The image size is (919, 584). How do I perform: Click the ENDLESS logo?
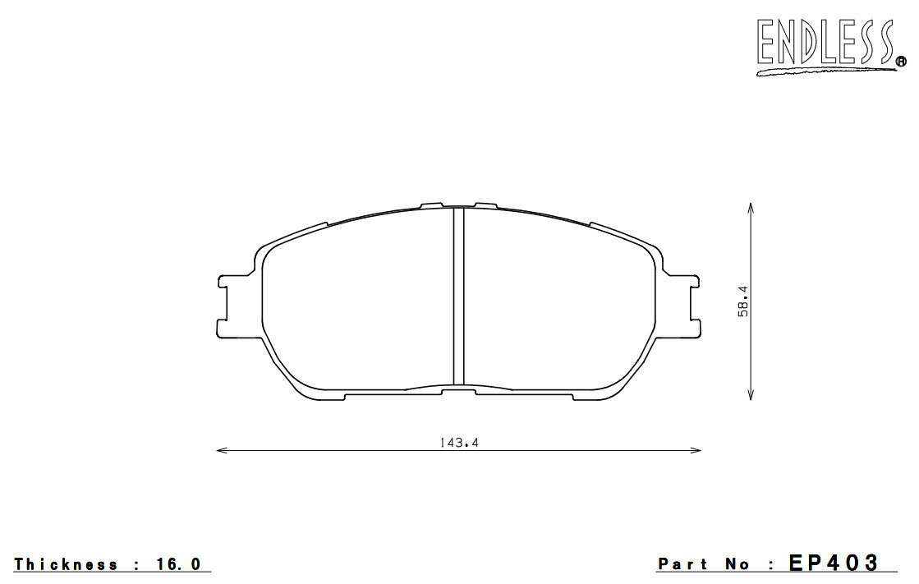coord(826,46)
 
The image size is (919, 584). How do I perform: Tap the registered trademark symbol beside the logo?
coord(902,61)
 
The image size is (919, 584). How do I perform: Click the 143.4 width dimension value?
coord(459,443)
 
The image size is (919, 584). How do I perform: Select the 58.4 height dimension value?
coord(743,301)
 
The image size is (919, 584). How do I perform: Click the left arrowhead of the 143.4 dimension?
coord(222,450)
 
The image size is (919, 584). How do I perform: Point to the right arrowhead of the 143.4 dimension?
coord(696,450)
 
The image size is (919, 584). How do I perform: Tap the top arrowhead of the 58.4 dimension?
coord(751,208)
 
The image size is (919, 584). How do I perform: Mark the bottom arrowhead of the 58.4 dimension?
coord(751,394)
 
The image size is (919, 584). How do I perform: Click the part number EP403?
coord(834,563)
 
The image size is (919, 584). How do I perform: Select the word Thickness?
coord(66,564)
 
